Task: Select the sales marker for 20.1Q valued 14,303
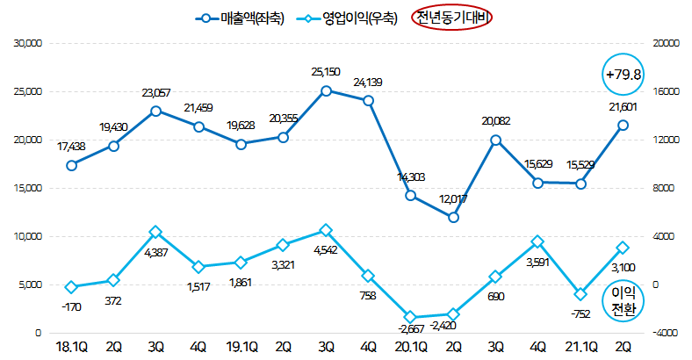click(x=410, y=195)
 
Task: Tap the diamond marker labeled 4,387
click(x=155, y=232)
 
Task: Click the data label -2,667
click(x=410, y=329)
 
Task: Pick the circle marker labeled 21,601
click(x=623, y=125)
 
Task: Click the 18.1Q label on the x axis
click(x=71, y=348)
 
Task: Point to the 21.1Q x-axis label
click(x=580, y=348)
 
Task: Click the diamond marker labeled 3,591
click(x=537, y=241)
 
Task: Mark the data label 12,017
click(x=453, y=199)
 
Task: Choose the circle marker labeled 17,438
click(x=71, y=164)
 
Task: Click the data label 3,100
click(x=622, y=266)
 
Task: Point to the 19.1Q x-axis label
click(x=240, y=348)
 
